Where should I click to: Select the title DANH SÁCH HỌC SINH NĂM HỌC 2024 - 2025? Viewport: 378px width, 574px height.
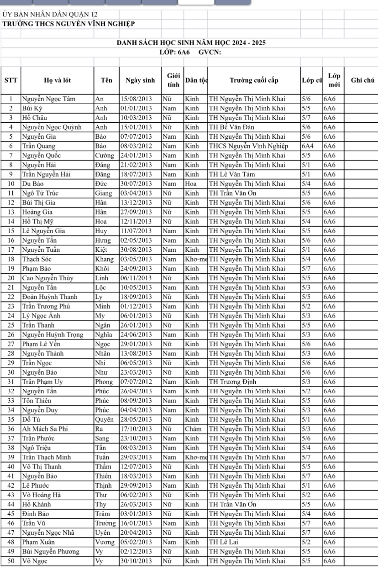click(x=191, y=43)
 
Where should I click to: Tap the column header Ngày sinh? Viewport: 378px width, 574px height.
click(x=140, y=81)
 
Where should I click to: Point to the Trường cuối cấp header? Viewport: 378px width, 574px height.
click(x=253, y=81)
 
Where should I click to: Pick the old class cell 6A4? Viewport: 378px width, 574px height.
click(x=308, y=146)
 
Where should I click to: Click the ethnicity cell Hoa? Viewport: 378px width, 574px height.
click(x=190, y=184)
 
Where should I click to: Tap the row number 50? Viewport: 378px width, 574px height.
click(x=10, y=561)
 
